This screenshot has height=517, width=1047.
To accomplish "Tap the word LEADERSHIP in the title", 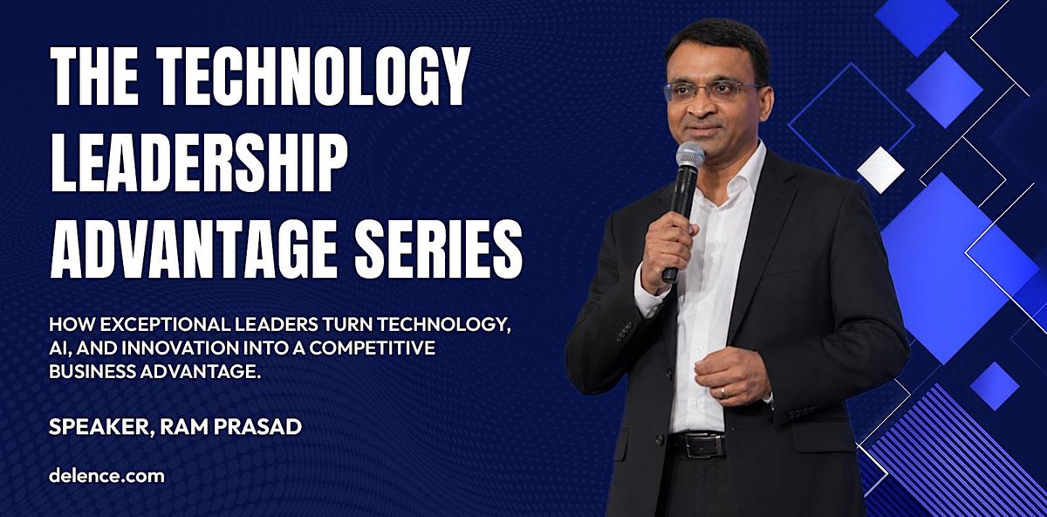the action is (x=199, y=164).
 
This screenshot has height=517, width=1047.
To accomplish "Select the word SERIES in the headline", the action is (x=438, y=249).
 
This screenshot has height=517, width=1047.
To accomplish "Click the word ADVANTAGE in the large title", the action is (x=194, y=250).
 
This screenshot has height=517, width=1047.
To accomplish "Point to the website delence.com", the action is (x=106, y=476).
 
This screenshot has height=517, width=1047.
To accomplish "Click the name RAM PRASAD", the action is (x=231, y=427).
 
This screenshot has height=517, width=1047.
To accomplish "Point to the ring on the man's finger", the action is (x=723, y=391).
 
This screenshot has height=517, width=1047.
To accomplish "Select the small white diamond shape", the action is (x=881, y=169).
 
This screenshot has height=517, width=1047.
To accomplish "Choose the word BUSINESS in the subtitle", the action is (x=92, y=372).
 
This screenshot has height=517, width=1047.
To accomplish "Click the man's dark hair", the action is (x=717, y=43).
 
